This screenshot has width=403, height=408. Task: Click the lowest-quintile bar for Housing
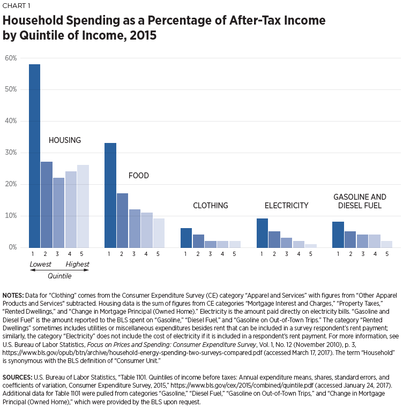point(34,156)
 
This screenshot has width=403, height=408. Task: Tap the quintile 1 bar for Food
point(110,195)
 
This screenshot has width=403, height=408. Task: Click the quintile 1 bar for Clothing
point(186,238)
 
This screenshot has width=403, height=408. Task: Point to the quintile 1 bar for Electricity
point(262,233)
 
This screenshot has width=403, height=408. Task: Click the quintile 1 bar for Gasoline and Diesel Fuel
point(338,235)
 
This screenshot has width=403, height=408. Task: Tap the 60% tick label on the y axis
point(11,58)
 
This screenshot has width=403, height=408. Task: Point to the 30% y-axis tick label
point(11,153)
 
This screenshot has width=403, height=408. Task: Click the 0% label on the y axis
point(12,247)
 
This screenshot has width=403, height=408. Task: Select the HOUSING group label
point(65,140)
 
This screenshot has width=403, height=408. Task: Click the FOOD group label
point(139,176)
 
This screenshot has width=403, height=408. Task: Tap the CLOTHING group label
point(211,206)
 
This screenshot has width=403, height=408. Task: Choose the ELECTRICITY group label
point(286,206)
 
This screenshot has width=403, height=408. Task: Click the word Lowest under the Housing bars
point(41,264)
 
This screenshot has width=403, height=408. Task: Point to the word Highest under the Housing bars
point(77,264)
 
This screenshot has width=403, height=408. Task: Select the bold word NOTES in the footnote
point(17,296)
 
